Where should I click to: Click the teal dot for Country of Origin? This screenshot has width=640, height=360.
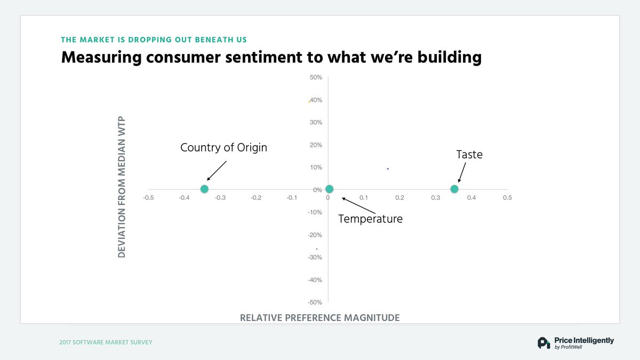204,189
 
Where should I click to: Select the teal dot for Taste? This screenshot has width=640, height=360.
454,189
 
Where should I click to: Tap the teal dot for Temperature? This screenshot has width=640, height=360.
329,189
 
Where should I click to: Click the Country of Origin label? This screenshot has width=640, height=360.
223,147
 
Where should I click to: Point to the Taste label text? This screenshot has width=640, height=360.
469,154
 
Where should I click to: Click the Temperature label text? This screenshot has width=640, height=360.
370,219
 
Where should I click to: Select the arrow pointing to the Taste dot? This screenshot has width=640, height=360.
461,173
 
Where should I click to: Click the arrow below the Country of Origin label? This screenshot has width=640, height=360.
217,171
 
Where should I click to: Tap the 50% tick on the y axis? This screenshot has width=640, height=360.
316,77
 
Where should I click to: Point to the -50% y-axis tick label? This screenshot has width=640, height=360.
315,302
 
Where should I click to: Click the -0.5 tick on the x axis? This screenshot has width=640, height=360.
148,198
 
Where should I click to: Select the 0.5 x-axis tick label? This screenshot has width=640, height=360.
507,198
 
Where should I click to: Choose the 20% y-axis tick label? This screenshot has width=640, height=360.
316,145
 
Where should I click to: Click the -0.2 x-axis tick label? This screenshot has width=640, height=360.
255,198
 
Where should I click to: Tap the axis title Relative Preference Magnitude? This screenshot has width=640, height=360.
319,318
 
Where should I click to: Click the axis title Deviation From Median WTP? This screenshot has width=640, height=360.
122,186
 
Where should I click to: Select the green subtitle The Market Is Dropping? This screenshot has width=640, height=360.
154,39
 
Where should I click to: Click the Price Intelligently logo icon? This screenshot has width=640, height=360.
543,343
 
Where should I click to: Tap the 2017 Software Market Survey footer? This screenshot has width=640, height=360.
106,342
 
